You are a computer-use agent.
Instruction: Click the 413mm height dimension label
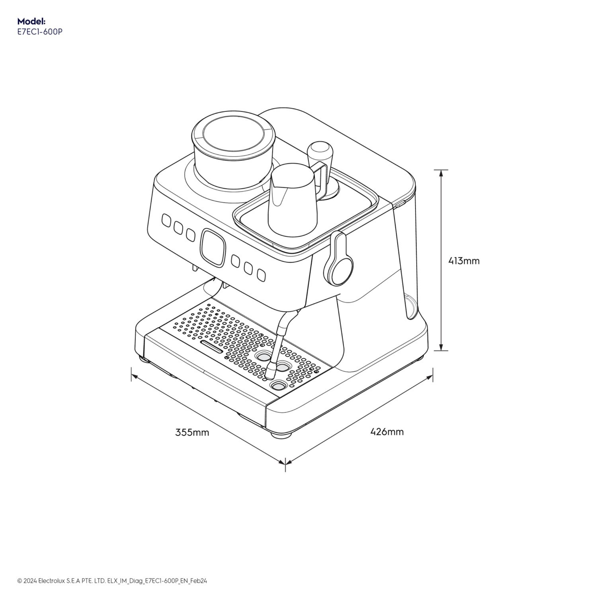464,261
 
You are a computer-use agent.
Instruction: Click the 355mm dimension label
192,432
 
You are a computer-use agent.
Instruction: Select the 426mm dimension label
387,431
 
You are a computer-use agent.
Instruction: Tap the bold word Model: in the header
31,21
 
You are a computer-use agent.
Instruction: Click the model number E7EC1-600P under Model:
40,32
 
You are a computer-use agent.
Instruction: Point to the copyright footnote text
112,581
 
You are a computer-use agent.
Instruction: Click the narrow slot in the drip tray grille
211,347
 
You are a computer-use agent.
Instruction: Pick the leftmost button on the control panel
166,221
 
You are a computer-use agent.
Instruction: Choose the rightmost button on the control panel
261,275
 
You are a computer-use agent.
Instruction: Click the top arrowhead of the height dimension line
441,173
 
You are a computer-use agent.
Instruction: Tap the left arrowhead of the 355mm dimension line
134,376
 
